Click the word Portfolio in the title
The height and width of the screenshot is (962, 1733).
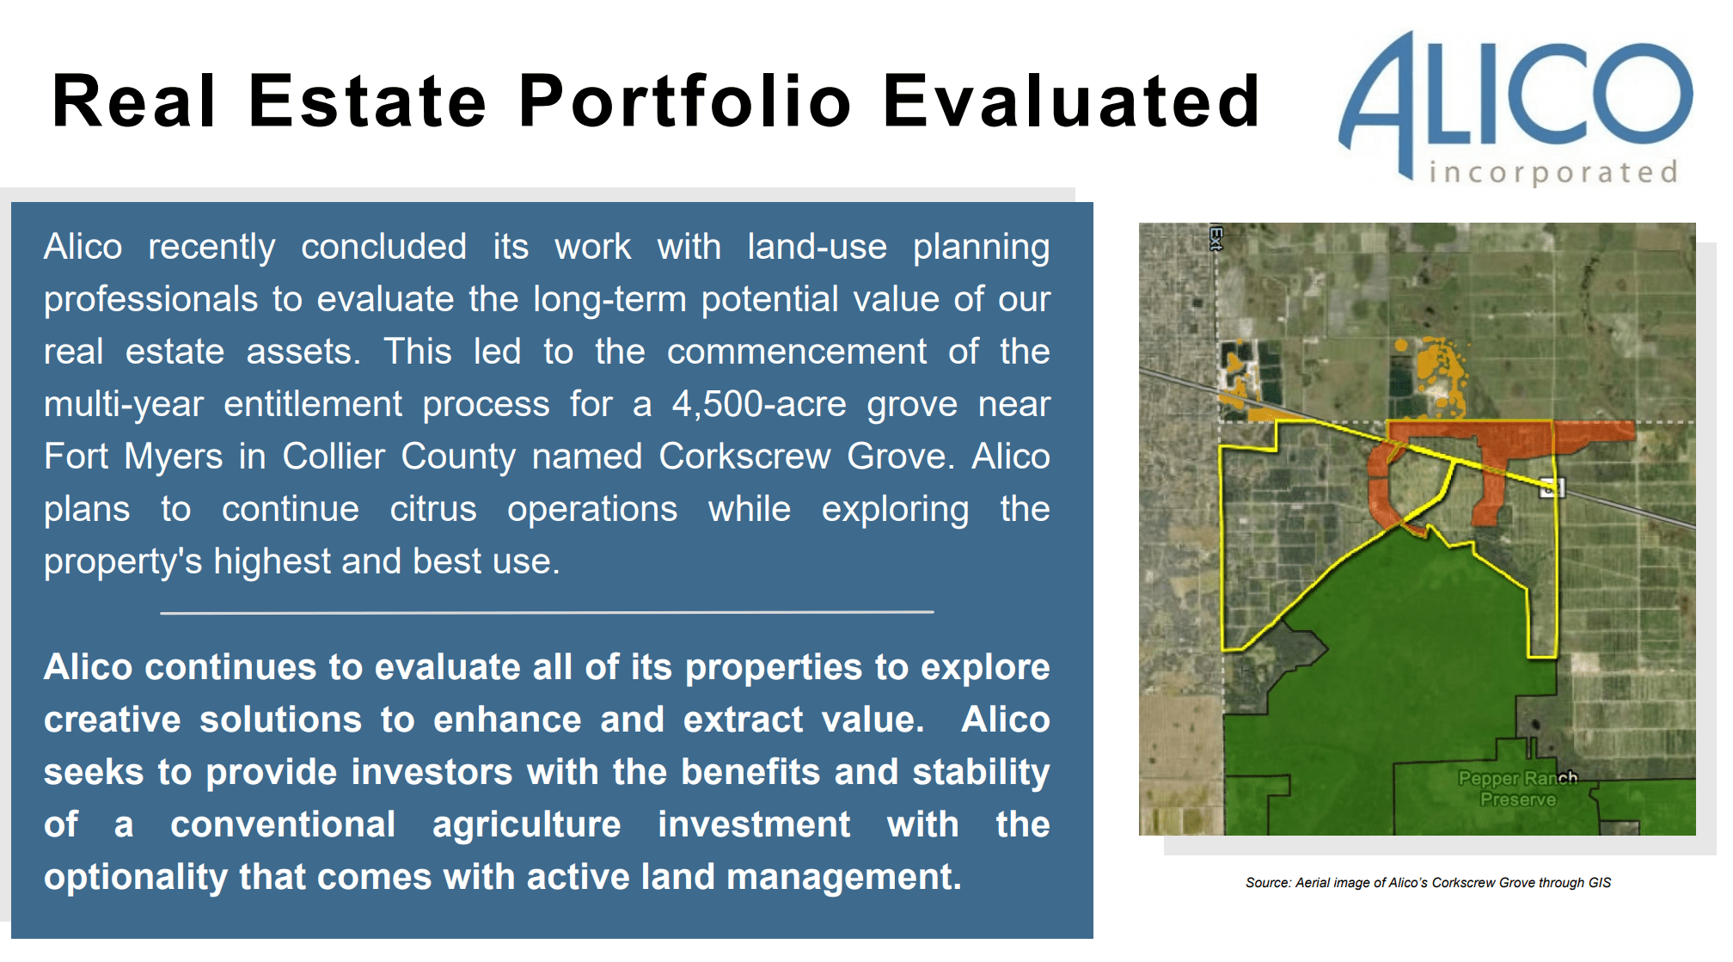[x=684, y=101]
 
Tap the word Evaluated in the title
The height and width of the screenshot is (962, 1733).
[x=1071, y=101]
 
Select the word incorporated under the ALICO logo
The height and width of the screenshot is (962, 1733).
[x=1552, y=172]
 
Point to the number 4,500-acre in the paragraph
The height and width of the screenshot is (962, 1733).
[x=759, y=404]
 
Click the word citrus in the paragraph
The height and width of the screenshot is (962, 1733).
[x=432, y=509]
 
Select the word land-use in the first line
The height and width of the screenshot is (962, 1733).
[x=817, y=248]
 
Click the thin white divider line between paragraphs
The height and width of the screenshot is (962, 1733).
[x=547, y=612]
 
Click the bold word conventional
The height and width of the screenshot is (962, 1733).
[x=283, y=824]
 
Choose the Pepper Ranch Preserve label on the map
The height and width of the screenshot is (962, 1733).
[x=1517, y=788]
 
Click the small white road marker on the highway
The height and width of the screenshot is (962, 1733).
[x=1551, y=487]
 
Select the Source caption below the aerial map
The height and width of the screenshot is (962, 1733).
[x=1428, y=883]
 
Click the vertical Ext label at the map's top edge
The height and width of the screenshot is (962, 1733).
[x=1216, y=238]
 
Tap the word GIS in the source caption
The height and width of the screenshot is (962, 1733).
[x=1600, y=883]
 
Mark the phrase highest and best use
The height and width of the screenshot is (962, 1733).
[x=387, y=561]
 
